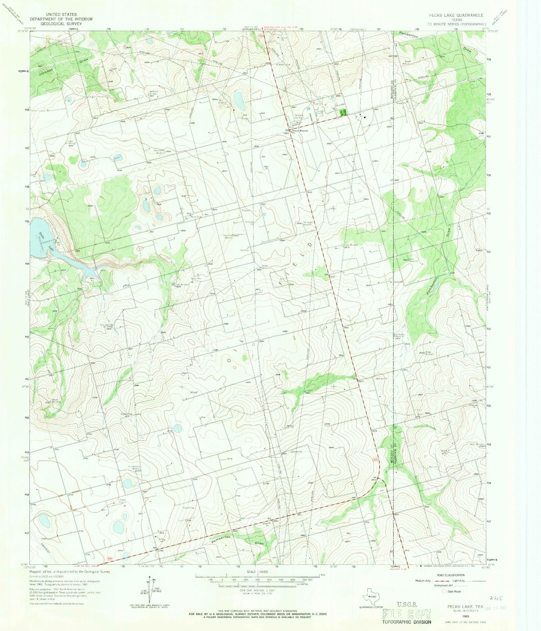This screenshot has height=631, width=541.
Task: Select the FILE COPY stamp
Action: (x=407, y=614)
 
